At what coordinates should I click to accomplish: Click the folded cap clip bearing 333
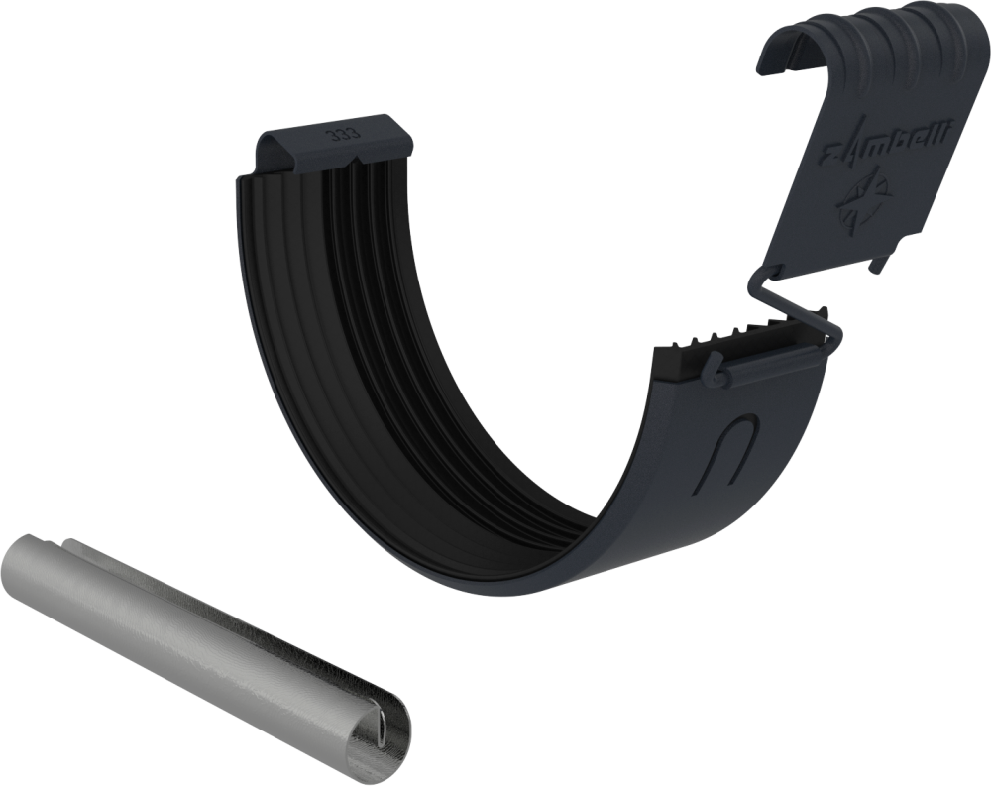tap(332, 144)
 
